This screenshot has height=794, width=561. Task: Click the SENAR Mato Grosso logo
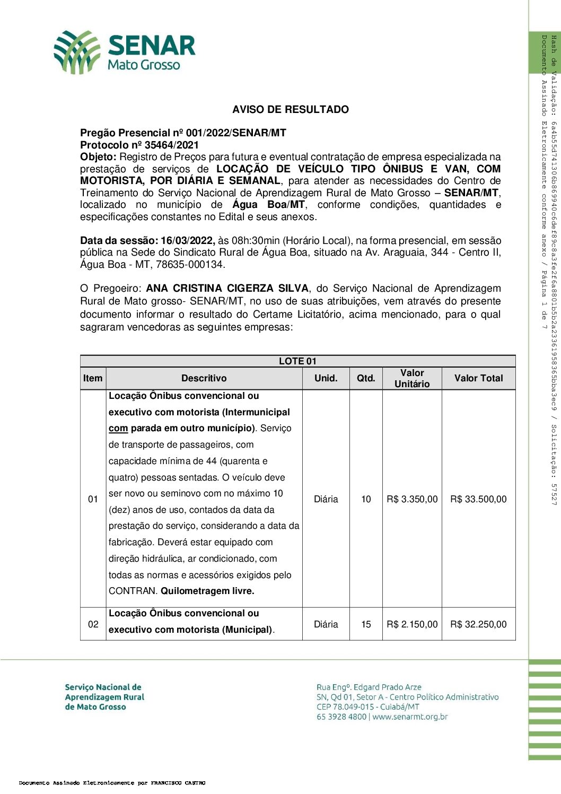click(x=125, y=52)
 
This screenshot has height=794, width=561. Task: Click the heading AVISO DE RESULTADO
click(x=290, y=110)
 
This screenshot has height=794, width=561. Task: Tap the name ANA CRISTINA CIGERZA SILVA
click(x=227, y=289)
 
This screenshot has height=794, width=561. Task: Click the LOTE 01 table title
click(x=297, y=361)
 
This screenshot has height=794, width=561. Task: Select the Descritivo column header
click(x=204, y=378)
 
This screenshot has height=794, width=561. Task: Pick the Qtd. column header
click(x=366, y=378)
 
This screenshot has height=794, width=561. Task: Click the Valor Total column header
click(x=478, y=378)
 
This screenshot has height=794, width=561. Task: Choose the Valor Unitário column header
click(x=412, y=378)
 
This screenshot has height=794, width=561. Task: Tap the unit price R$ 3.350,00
click(x=412, y=499)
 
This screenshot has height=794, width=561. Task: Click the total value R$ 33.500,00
click(x=478, y=499)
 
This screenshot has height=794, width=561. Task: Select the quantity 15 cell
click(x=366, y=624)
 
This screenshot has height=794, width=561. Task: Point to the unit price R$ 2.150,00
click(x=412, y=624)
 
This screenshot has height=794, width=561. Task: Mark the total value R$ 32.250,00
click(x=478, y=624)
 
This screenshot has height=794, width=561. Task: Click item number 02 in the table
click(x=93, y=624)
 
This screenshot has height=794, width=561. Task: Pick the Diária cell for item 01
click(x=326, y=499)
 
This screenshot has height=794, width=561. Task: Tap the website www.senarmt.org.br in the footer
click(x=410, y=717)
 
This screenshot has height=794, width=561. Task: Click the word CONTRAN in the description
click(x=133, y=591)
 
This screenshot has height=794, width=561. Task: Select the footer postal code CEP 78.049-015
click(x=347, y=707)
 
